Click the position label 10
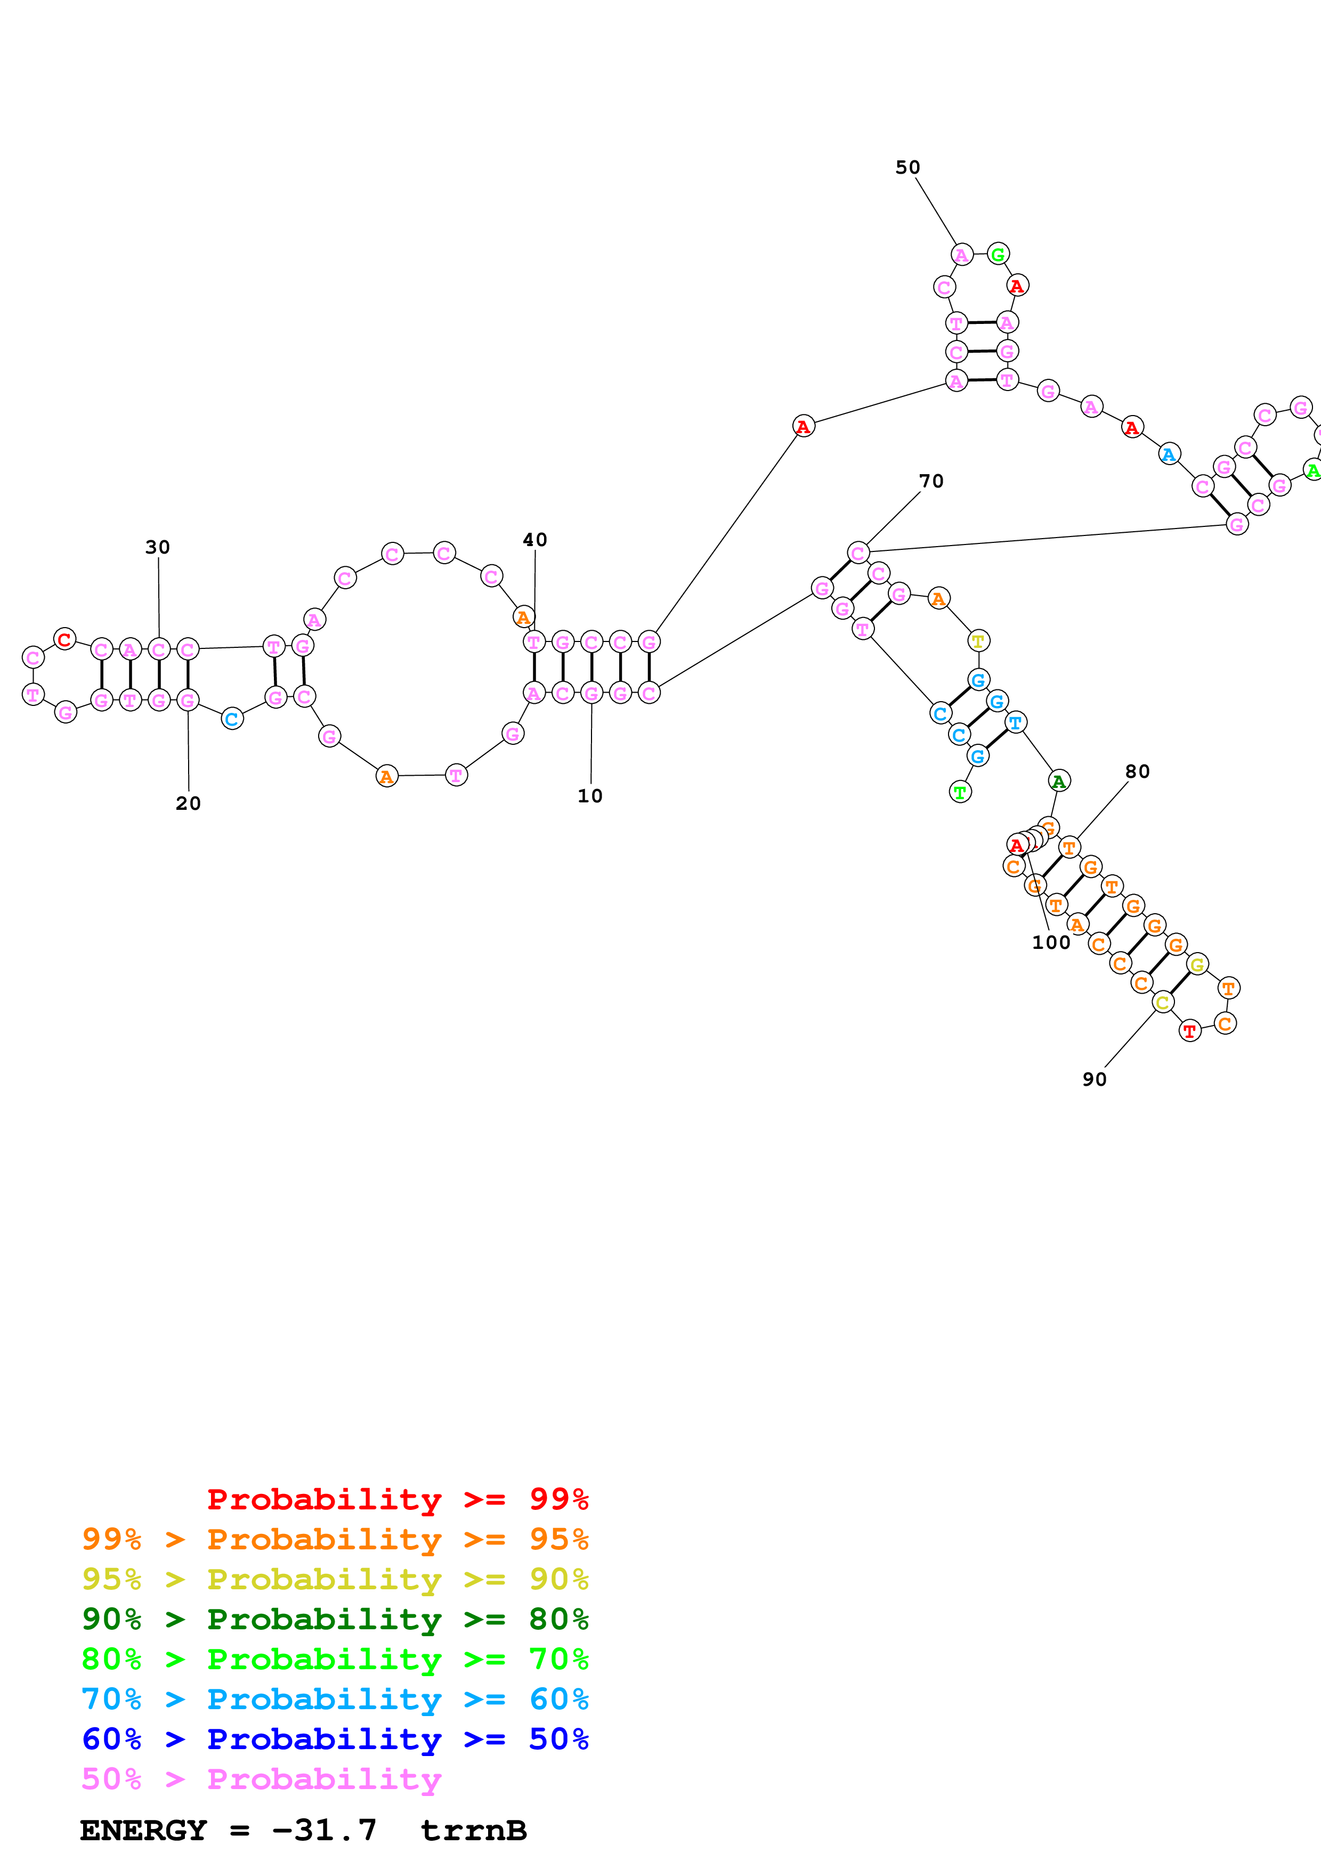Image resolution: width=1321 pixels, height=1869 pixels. coord(590,796)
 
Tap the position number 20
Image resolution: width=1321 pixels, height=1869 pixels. coord(188,803)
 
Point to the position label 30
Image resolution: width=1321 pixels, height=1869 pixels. coord(158,547)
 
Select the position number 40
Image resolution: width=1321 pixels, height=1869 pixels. coord(535,540)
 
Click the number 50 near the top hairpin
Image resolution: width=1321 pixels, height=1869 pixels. coord(907,168)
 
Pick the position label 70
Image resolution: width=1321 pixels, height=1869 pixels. coord(931,481)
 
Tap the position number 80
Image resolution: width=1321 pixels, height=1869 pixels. coord(1137,771)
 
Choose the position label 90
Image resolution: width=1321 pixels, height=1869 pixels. coord(1094,1079)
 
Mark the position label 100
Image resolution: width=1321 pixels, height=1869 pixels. coord(1051,942)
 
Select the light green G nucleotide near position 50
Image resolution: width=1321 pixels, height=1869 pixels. coord(998,254)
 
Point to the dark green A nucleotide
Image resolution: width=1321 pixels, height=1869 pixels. coord(1059,782)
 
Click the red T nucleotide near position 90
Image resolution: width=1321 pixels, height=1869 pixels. coord(1190,1031)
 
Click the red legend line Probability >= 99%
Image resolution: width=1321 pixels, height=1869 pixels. coord(397,1499)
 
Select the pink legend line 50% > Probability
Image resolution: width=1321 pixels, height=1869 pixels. coord(261,1779)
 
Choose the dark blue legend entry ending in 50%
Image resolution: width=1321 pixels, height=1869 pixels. coord(335,1740)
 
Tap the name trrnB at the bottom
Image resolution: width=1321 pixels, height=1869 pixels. coord(474,1831)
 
